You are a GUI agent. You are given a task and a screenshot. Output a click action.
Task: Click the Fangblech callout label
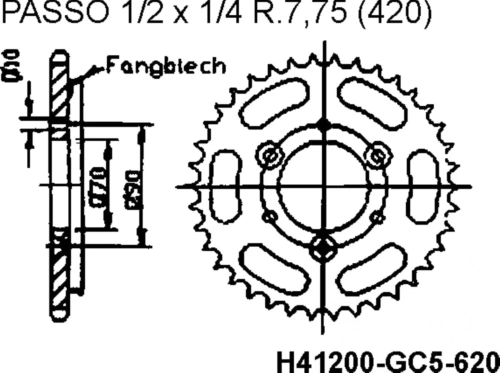pyautogui.click(x=165, y=65)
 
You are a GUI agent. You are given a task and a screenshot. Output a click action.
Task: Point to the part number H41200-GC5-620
pyautogui.click(x=388, y=360)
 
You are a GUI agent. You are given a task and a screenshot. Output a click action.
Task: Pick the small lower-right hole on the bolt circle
pyautogui.click(x=379, y=217)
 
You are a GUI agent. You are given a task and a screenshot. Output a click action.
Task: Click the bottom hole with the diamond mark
pyautogui.click(x=323, y=247)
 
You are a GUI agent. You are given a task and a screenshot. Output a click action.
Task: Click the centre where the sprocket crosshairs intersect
pyautogui.click(x=324, y=186)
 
